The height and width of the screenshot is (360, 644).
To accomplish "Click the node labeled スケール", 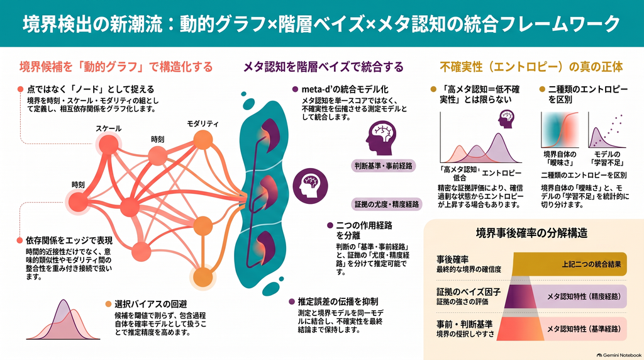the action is tap(108, 144).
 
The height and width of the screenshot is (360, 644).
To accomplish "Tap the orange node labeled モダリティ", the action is tap(203, 140).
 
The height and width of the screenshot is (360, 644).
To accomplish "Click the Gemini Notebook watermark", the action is tap(619, 355).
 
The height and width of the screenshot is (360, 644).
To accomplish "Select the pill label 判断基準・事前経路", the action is tap(383, 166).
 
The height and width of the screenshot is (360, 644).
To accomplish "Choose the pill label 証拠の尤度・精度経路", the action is tap(387, 205).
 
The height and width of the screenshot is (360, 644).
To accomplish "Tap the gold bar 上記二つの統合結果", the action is tap(570, 264).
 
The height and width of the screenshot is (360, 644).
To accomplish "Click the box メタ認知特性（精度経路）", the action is tap(582, 296).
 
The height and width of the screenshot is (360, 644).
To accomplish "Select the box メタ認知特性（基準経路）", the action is tap(583, 329).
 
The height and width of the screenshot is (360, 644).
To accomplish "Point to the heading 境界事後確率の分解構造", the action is tap(531, 233).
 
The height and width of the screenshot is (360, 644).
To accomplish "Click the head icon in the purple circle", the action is tap(310, 186).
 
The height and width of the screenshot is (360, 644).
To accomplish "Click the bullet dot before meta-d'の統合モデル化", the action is tap(295, 89).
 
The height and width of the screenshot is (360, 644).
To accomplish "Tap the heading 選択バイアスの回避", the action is tap(151, 304).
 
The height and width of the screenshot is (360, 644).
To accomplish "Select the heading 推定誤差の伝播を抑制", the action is tap(338, 301).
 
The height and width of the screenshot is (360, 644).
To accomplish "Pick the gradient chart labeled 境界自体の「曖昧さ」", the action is tap(560, 130).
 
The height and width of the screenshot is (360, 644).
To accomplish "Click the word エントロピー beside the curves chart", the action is tap(501, 173).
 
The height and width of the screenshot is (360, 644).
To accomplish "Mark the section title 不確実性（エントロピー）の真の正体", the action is tap(531, 67).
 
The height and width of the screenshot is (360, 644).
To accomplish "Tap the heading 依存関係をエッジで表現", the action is tap(69, 240).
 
